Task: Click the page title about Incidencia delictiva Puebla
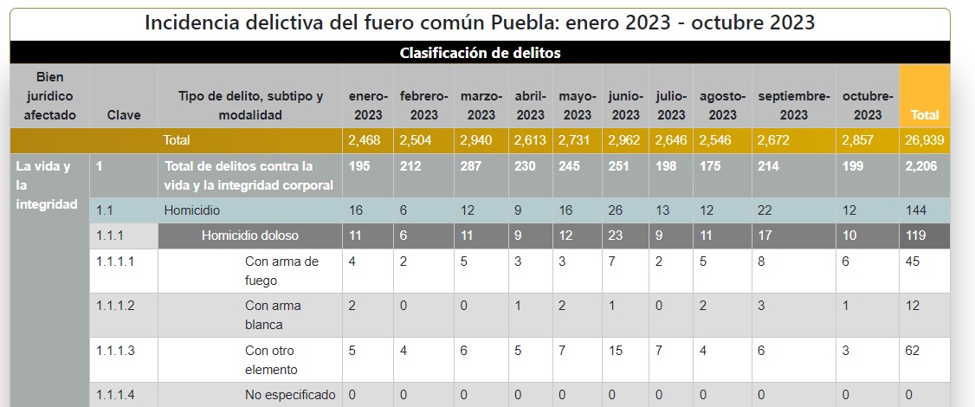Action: pos(480,23)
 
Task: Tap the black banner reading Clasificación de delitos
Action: pos(480,53)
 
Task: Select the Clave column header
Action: pos(124,114)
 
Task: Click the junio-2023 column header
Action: pos(625,105)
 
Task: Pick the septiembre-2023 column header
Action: pos(794,105)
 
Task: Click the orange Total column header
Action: pos(924,114)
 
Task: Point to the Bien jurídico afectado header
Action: pos(49,96)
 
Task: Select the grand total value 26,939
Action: pos(924,140)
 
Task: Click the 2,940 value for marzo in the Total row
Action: pos(476,140)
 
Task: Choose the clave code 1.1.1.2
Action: pos(116,305)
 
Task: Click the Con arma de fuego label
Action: pos(282,271)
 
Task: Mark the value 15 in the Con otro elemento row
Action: pos(617,351)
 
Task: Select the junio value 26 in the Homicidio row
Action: pos(617,210)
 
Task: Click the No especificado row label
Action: pos(290,395)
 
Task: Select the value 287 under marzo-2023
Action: pos(471,166)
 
